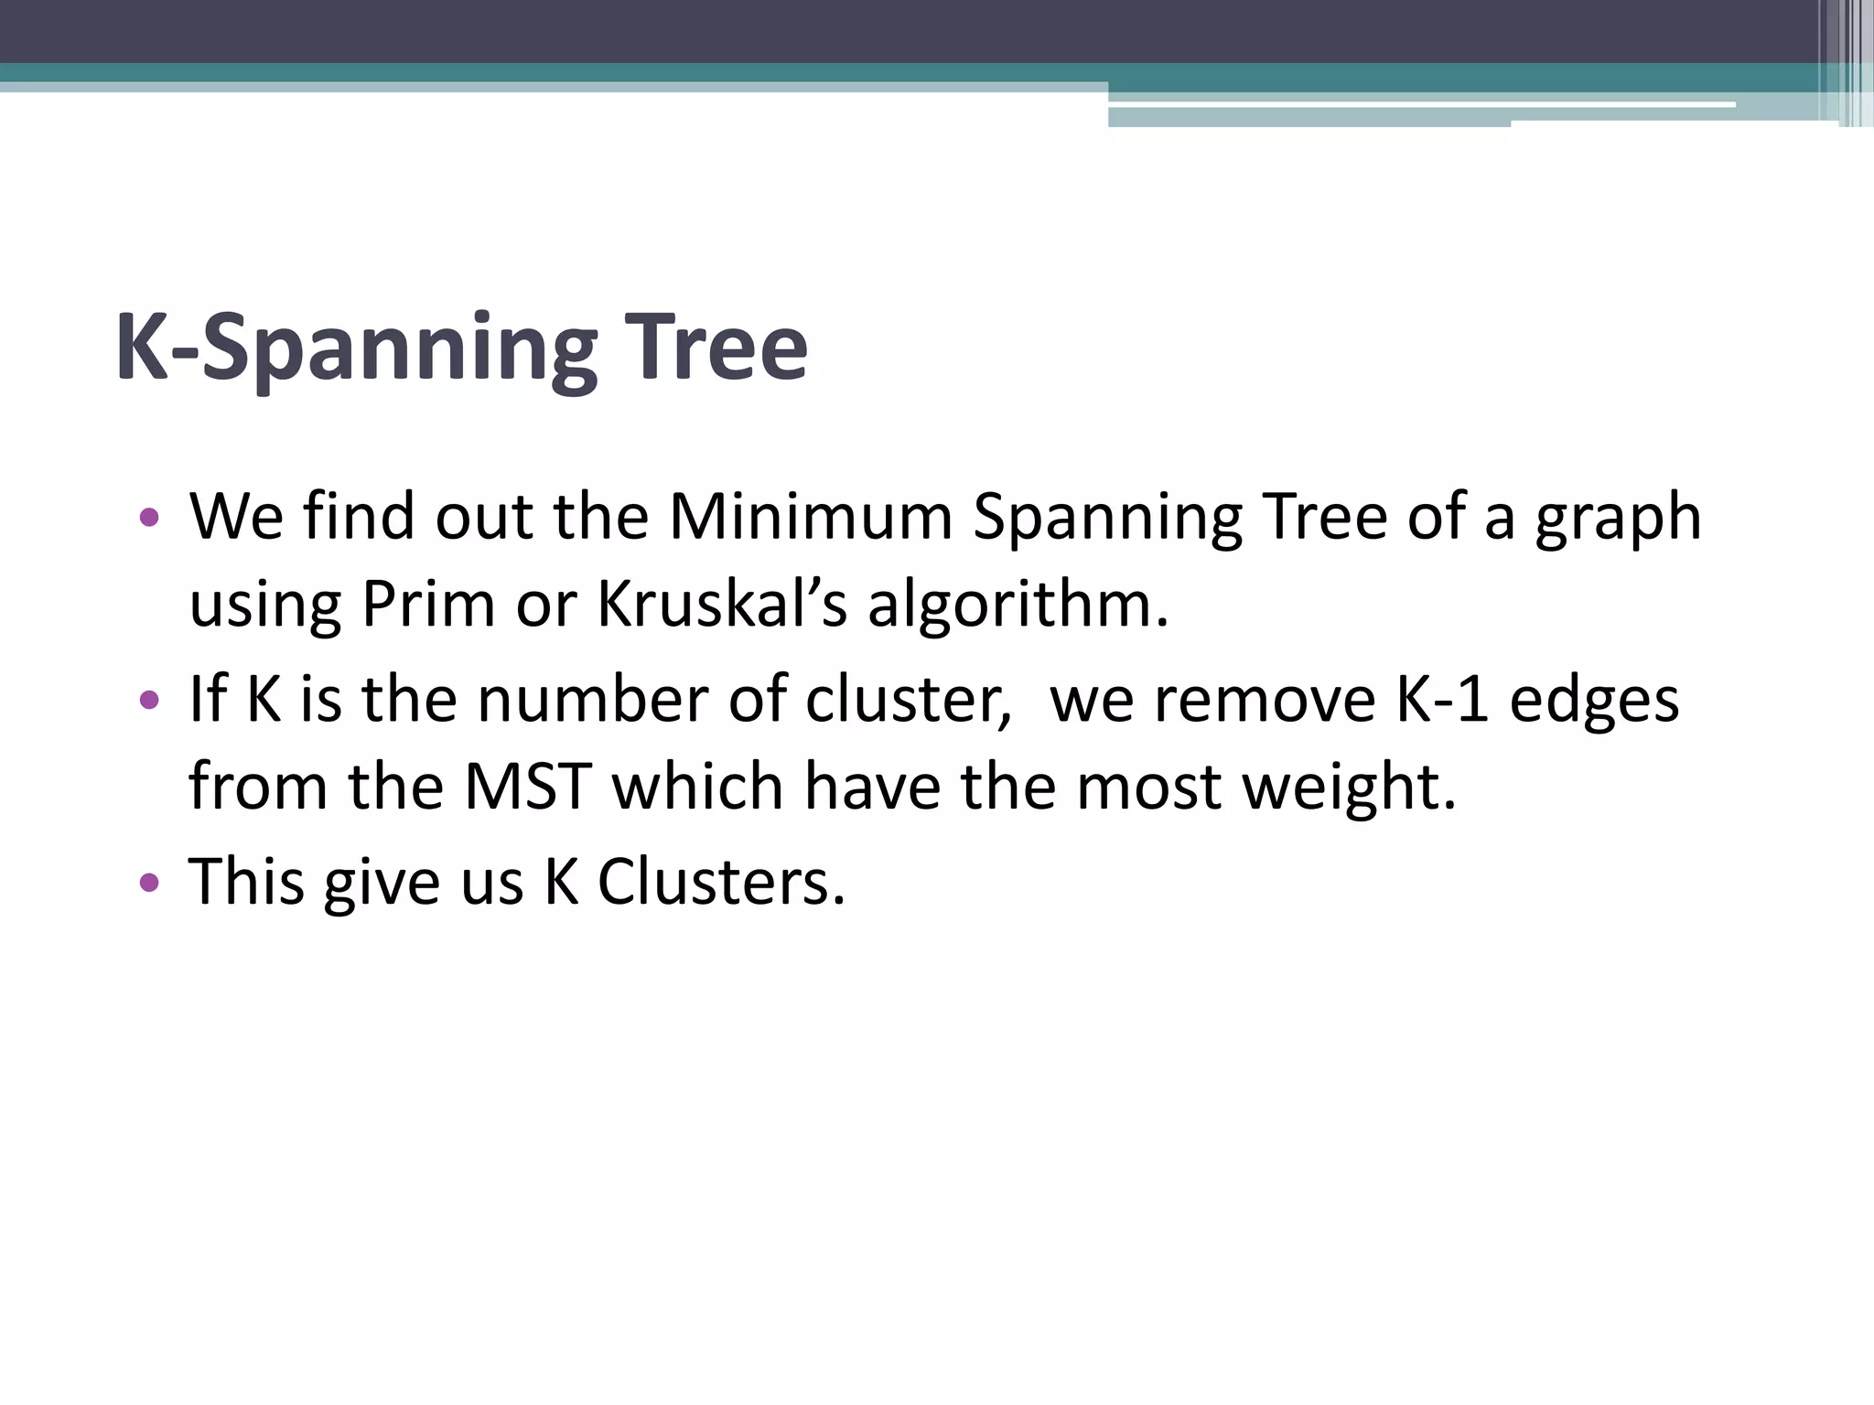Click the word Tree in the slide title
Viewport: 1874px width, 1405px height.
tap(714, 349)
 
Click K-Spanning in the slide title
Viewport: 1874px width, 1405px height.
tap(356, 349)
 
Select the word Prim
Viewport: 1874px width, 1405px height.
tap(428, 605)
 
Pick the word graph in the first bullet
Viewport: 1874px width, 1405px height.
tap(1618, 519)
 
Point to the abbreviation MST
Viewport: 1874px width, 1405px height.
tap(527, 787)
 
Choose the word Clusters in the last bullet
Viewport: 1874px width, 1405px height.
tap(722, 882)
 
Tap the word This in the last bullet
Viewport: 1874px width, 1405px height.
tap(246, 882)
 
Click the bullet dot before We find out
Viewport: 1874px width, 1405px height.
tap(149, 519)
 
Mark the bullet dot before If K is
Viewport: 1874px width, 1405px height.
tap(149, 702)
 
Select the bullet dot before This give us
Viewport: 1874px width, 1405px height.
tap(149, 884)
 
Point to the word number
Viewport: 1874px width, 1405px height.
tap(593, 700)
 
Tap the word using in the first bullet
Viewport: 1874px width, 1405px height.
tap(265, 606)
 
